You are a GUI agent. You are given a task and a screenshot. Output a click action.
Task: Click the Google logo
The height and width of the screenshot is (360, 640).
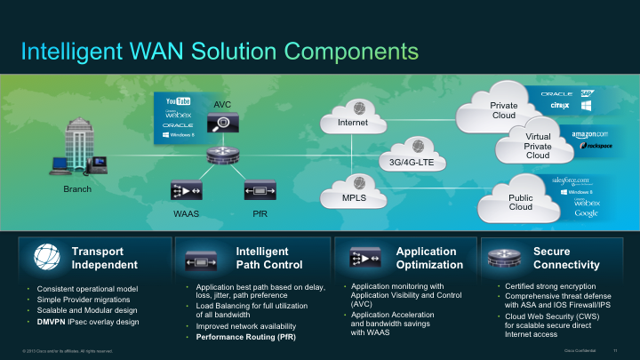tap(586, 213)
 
